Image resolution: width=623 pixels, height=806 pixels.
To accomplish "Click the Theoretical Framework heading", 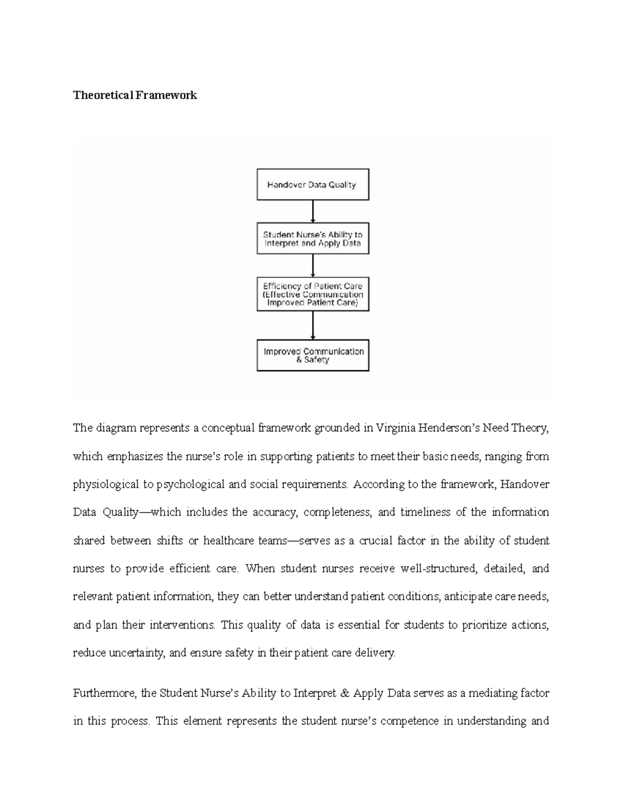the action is (x=135, y=95).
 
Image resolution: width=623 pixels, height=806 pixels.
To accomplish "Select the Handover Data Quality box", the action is (x=313, y=184).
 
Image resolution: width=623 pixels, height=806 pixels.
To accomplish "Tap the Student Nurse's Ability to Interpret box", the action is (x=313, y=239).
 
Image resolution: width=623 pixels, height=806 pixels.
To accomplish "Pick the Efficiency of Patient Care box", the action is (x=313, y=294).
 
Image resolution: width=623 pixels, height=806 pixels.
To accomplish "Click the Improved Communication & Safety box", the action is (x=313, y=356).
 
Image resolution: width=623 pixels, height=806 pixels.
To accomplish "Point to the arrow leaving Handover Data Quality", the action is (x=313, y=211).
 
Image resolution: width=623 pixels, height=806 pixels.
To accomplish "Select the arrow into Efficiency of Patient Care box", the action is (x=313, y=266).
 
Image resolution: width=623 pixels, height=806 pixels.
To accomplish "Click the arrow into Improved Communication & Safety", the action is (x=313, y=325).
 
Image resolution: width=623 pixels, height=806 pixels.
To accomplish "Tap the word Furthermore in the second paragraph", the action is (x=105, y=693).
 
